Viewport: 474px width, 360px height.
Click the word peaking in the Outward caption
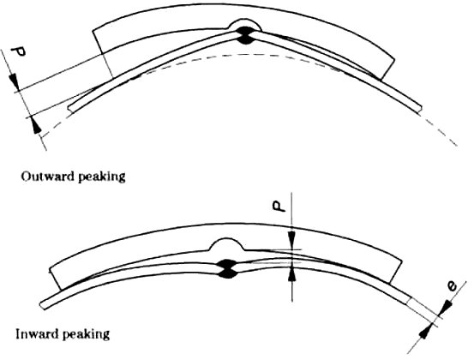point(101,177)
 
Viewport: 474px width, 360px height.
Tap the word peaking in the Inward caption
point(86,335)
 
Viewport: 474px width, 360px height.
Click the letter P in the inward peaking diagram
point(278,207)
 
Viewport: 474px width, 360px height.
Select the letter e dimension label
point(452,286)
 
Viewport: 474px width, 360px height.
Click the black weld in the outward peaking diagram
point(245,35)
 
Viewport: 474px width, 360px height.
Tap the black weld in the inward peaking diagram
point(228,268)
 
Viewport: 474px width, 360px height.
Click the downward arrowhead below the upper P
point(14,81)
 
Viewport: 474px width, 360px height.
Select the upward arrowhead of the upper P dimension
point(35,124)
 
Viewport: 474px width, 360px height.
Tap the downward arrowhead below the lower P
point(291,239)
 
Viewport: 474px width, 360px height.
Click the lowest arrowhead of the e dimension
point(426,331)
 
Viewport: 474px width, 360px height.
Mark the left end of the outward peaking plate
point(70,109)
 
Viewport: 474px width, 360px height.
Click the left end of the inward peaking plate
point(43,305)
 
